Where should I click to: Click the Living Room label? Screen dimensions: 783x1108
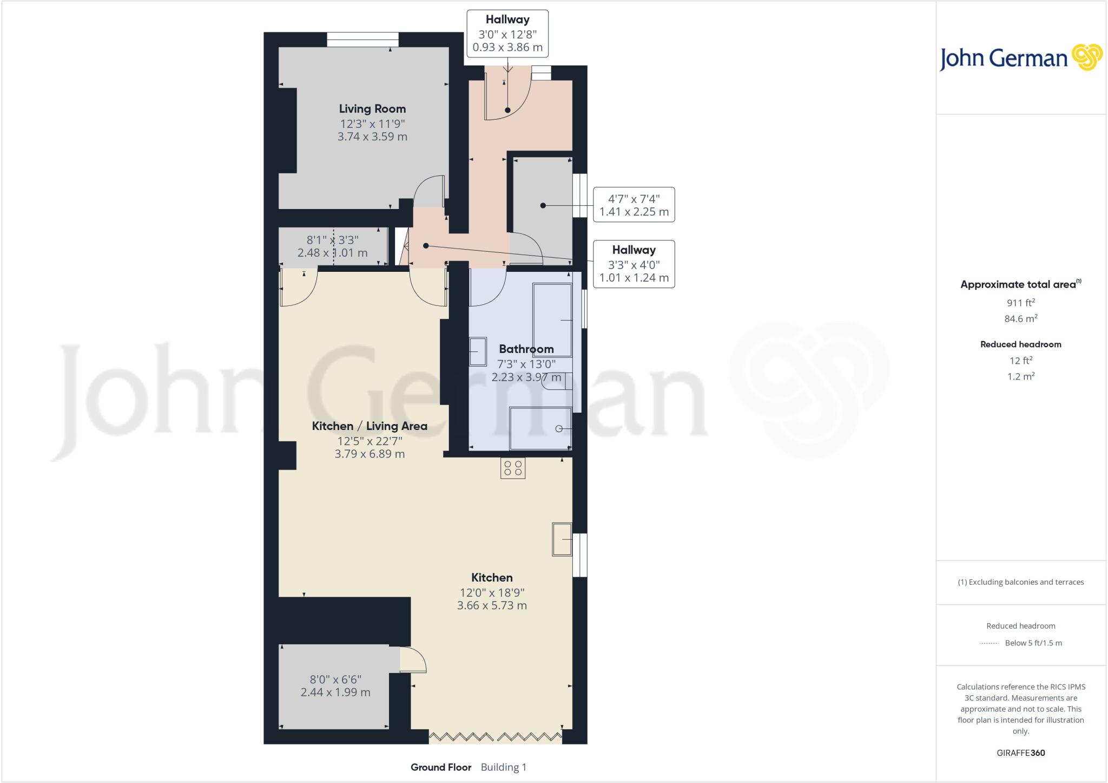click(372, 109)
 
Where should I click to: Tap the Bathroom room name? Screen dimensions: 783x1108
click(526, 349)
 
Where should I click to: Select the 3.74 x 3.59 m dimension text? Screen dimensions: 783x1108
click(372, 136)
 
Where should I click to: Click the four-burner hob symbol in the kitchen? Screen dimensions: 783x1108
click(512, 468)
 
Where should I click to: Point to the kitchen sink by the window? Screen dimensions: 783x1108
click(562, 539)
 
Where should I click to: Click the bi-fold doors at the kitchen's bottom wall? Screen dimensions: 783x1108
click(495, 737)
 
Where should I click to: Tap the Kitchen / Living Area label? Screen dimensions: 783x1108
click(370, 426)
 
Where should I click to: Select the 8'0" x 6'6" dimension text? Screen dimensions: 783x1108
click(335, 679)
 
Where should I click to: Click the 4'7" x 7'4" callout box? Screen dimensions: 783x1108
click(634, 205)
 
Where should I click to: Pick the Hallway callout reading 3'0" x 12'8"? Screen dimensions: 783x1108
click(507, 34)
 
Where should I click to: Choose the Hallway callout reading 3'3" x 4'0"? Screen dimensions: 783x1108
click(634, 264)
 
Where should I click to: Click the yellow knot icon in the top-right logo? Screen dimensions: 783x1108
click(1086, 57)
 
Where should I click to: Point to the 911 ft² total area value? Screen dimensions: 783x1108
click(1020, 303)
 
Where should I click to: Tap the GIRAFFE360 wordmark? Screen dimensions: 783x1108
click(1020, 753)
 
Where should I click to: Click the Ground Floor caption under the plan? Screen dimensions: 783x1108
click(441, 767)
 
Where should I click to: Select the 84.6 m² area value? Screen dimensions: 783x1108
click(1020, 319)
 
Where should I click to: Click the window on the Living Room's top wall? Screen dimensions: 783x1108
click(362, 40)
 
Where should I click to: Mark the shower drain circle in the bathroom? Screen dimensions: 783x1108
click(559, 429)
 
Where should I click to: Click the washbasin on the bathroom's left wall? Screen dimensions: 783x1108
click(478, 351)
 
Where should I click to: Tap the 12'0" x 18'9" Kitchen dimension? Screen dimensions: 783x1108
click(492, 592)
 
